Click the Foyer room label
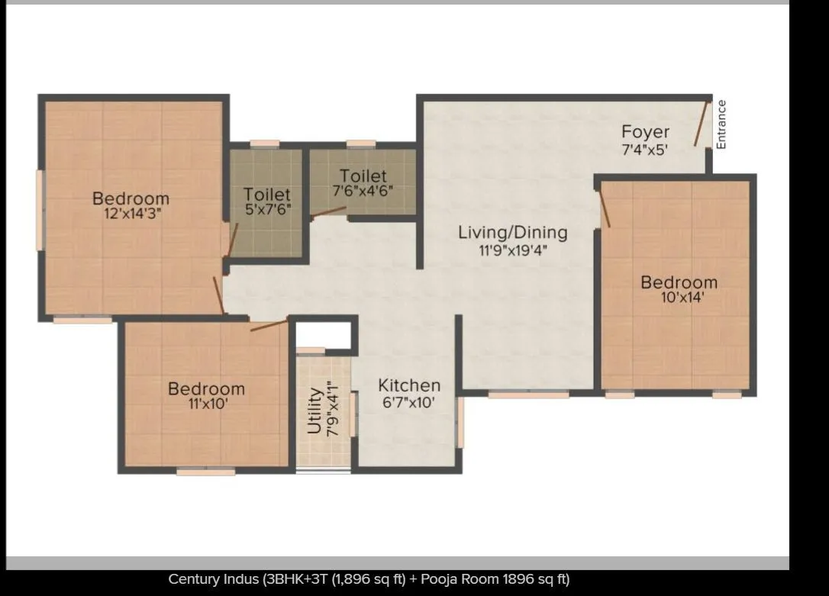click(645, 132)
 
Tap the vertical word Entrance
click(721, 124)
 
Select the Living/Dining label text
click(512, 232)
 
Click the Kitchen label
click(409, 385)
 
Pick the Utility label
click(314, 411)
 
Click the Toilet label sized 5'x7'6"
click(266, 195)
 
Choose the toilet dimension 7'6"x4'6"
click(363, 191)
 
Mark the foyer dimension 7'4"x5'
click(645, 150)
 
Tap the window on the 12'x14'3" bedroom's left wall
click(40, 209)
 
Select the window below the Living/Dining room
click(528, 395)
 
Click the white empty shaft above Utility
click(323, 334)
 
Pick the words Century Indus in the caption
click(214, 579)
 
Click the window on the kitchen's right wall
click(460, 422)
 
